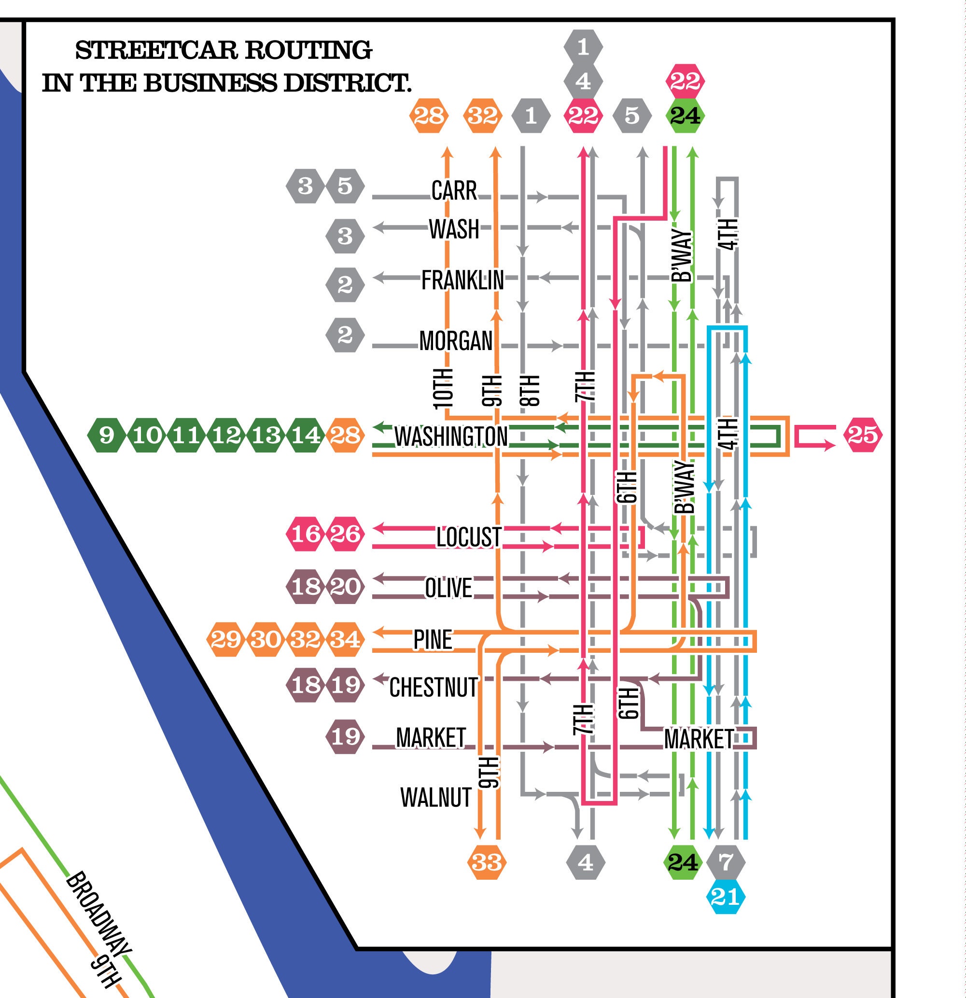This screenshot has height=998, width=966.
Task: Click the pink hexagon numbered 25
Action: pyautogui.click(x=863, y=435)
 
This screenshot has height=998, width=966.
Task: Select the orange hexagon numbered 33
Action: pyautogui.click(x=487, y=862)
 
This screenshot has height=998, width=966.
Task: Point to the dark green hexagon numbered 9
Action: pyautogui.click(x=106, y=436)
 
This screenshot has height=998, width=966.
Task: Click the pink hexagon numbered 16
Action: pyautogui.click(x=306, y=534)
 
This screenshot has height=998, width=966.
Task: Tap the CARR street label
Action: pyautogui.click(x=454, y=191)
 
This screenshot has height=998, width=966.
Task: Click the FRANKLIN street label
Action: pyautogui.click(x=462, y=281)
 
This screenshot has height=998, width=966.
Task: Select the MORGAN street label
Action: pyautogui.click(x=456, y=341)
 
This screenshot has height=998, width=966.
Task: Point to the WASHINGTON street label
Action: pyautogui.click(x=451, y=437)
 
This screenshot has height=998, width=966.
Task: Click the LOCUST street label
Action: pyautogui.click(x=468, y=537)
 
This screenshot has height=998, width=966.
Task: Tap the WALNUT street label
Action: pyautogui.click(x=436, y=797)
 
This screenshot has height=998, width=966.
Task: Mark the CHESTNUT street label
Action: pyautogui.click(x=434, y=688)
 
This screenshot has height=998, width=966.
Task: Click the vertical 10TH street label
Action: pyautogui.click(x=443, y=388)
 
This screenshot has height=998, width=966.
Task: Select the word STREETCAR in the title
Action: pyautogui.click(x=156, y=50)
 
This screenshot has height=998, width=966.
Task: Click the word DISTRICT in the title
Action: pyautogui.click(x=347, y=83)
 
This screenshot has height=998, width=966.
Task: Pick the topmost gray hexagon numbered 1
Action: pyautogui.click(x=583, y=47)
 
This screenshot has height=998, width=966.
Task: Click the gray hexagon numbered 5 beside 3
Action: pyautogui.click(x=345, y=186)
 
